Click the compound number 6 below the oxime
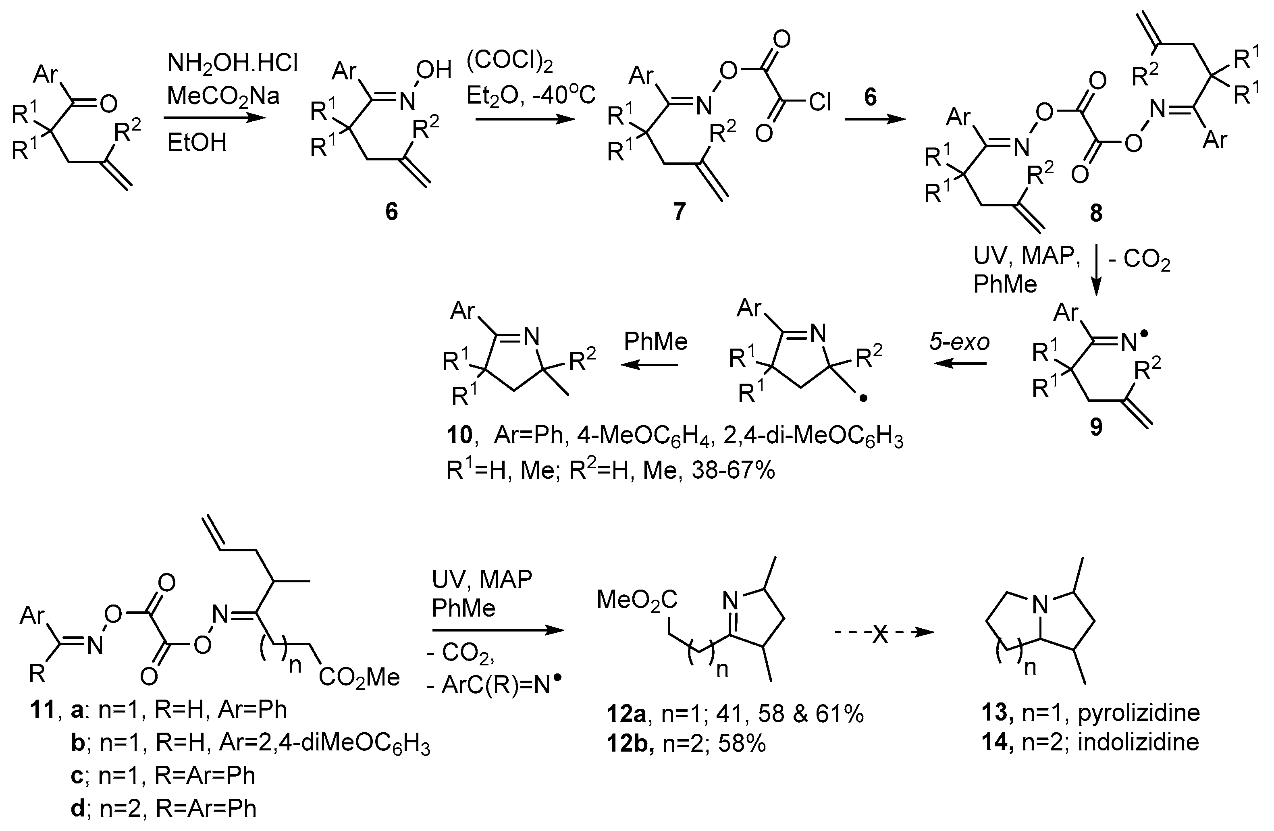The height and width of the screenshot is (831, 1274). [x=391, y=212]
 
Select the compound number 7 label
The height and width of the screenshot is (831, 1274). [x=679, y=212]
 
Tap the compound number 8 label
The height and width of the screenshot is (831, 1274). [x=1096, y=214]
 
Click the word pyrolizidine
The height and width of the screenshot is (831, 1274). [x=1139, y=713]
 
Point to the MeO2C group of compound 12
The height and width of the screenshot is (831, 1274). [x=637, y=600]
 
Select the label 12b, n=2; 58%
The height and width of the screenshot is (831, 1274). [x=686, y=744]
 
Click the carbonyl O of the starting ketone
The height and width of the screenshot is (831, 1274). [x=109, y=104]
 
